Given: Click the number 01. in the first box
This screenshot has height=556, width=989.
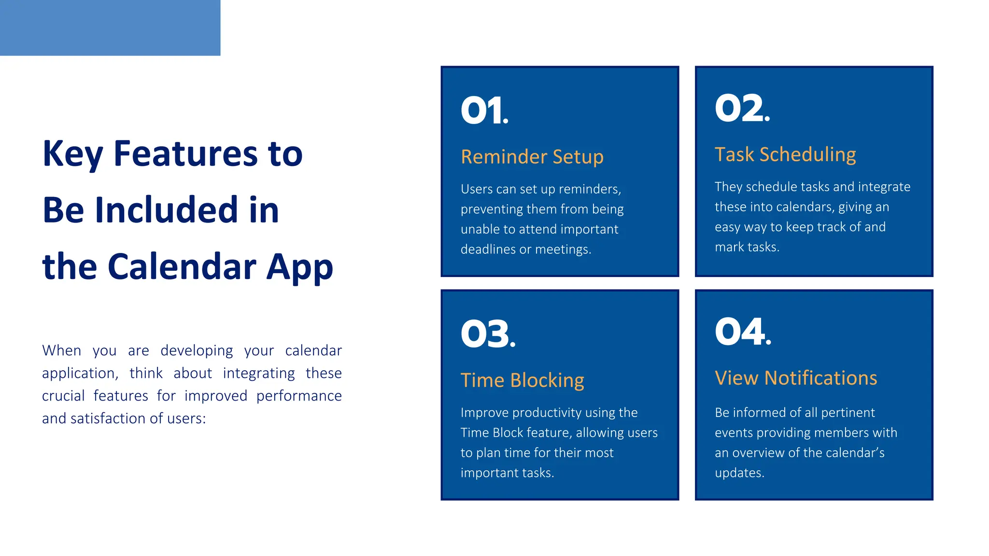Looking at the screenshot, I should coord(484,111).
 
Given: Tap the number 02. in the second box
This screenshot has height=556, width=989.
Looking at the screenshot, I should coord(742,108).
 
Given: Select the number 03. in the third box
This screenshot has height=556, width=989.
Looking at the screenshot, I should coord(488,334).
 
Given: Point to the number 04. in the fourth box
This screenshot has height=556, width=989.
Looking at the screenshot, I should coord(743,332).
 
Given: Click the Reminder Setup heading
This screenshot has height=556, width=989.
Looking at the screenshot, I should coord(532,157).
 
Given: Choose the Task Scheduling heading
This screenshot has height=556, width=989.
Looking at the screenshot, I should coord(785,154).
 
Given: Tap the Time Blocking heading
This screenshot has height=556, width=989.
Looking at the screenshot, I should coord(522,380).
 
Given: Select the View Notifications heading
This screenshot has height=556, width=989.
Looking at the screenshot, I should coord(796,378).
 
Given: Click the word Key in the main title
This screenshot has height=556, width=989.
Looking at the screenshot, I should coord(72,154).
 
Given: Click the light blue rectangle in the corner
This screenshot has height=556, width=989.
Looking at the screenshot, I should coord(110,28).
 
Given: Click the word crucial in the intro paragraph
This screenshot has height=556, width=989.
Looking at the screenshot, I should coord(63,396).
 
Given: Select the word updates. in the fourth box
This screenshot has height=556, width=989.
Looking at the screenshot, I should coord(739,473).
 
